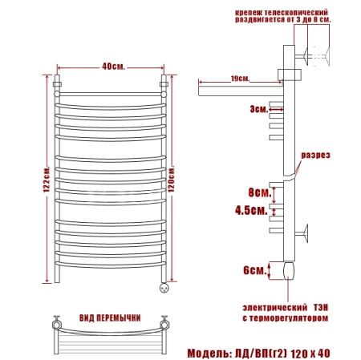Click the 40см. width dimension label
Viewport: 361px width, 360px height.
[x=113, y=67]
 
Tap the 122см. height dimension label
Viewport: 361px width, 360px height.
[x=47, y=180]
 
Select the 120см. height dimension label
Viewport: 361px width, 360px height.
[x=171, y=180]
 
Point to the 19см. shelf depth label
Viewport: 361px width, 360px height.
[x=240, y=79]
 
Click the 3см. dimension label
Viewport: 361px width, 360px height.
[x=259, y=109]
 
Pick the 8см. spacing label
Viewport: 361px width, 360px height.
[x=260, y=192]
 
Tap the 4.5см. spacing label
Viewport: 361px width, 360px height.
[x=251, y=210]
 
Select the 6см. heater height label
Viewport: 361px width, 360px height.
[x=254, y=270]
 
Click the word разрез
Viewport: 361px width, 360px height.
[x=315, y=156]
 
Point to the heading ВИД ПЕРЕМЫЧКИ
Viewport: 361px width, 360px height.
[x=110, y=318]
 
